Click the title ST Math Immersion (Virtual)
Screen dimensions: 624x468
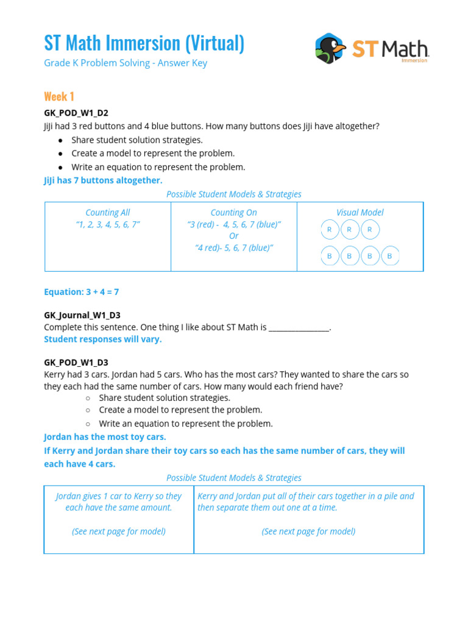click(x=144, y=43)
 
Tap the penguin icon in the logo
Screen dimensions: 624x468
click(x=330, y=48)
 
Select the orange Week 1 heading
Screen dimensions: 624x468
click(x=59, y=96)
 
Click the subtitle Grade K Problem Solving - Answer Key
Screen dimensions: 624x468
click(x=126, y=63)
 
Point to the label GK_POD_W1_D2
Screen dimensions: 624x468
click(x=76, y=113)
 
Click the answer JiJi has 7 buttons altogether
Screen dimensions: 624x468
click(x=103, y=180)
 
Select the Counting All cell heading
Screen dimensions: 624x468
click(x=108, y=213)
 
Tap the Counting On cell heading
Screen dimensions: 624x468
click(x=233, y=213)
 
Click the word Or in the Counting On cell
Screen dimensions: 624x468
click(x=233, y=236)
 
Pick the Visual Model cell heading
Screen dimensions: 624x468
click(x=360, y=213)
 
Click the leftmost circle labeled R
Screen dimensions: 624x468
click(x=330, y=230)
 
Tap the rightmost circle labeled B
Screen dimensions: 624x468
click(x=389, y=256)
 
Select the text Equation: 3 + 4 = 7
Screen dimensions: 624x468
click(x=81, y=292)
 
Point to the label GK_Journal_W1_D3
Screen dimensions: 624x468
click(x=82, y=315)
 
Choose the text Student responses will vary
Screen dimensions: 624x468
click(x=103, y=339)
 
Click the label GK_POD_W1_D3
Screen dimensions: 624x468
click(x=76, y=363)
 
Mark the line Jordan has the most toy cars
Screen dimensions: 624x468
click(x=105, y=437)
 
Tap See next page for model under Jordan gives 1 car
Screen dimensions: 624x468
click(x=119, y=531)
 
